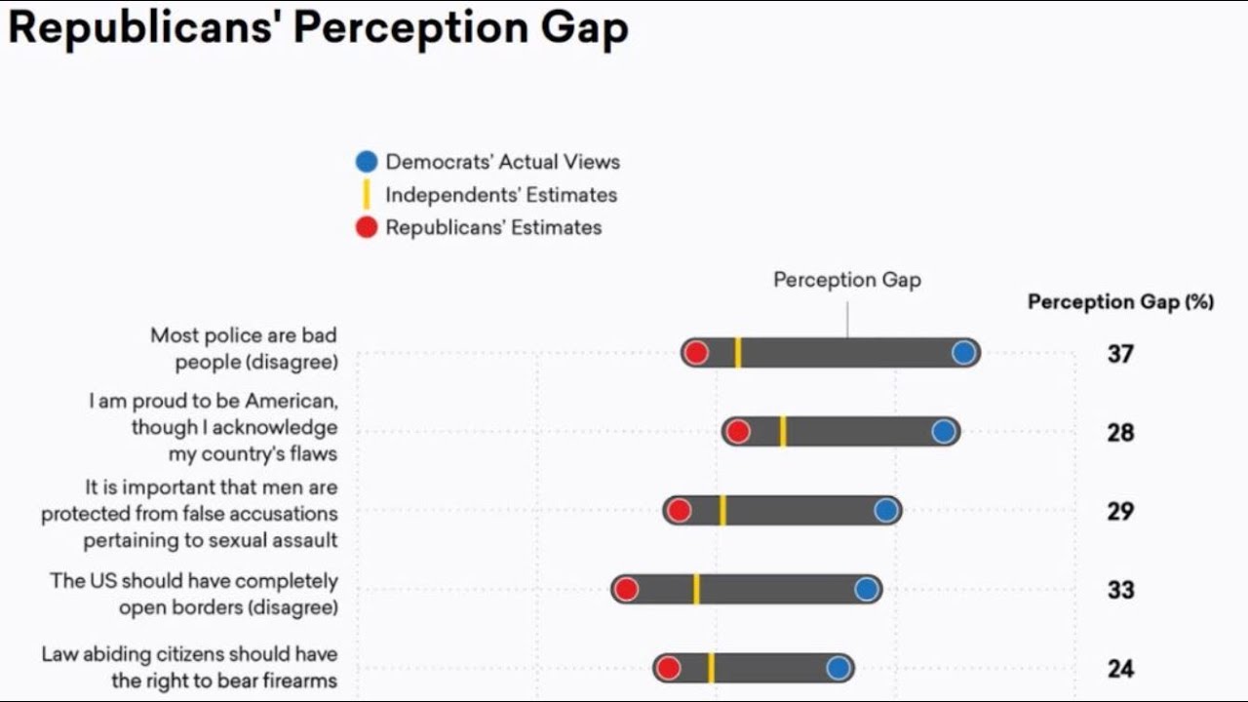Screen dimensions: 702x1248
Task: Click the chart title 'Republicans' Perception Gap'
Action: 318,28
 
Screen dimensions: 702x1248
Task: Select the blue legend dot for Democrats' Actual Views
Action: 367,162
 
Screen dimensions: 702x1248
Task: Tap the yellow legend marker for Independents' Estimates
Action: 367,195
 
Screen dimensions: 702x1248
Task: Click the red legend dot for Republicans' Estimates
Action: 367,228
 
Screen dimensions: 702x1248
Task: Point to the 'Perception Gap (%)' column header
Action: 1120,302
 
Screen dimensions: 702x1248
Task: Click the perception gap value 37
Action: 1120,353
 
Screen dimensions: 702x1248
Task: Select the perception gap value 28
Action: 1120,432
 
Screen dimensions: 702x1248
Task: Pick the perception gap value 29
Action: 1120,511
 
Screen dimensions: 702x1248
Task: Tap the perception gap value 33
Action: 1120,590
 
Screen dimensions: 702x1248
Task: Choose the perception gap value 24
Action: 1120,669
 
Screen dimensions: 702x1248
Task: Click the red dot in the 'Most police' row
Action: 696,353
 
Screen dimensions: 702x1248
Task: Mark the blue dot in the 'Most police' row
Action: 964,353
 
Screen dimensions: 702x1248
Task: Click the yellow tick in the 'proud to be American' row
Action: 783,432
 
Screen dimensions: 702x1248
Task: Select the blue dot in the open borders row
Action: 866,589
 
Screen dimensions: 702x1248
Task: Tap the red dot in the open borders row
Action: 627,589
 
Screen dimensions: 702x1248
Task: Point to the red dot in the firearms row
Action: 668,668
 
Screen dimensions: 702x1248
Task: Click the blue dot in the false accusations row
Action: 885,510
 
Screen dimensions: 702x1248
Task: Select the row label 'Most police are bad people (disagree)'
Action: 244,348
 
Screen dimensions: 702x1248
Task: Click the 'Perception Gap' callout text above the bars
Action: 846,280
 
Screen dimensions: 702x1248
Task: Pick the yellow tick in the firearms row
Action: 711,668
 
